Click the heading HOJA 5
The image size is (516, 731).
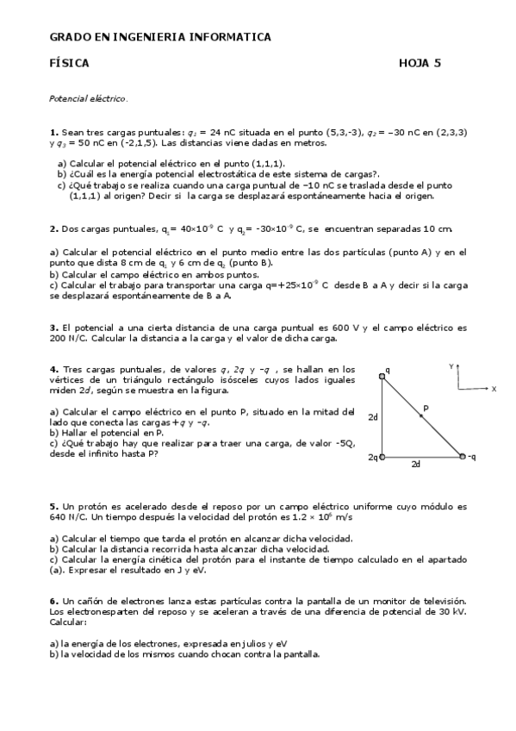[x=420, y=63]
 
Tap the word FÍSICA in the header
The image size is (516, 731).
[x=70, y=63]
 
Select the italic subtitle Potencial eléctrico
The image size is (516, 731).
[x=89, y=99]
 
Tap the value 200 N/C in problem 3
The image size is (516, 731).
[x=71, y=338]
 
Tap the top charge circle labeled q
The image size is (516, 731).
[x=382, y=375]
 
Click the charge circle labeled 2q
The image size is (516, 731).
[x=382, y=456]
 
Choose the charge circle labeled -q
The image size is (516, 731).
[x=463, y=456]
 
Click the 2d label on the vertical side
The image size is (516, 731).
[x=373, y=416]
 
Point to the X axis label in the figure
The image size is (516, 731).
[x=494, y=389]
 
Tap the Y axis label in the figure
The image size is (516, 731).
[x=451, y=366]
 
